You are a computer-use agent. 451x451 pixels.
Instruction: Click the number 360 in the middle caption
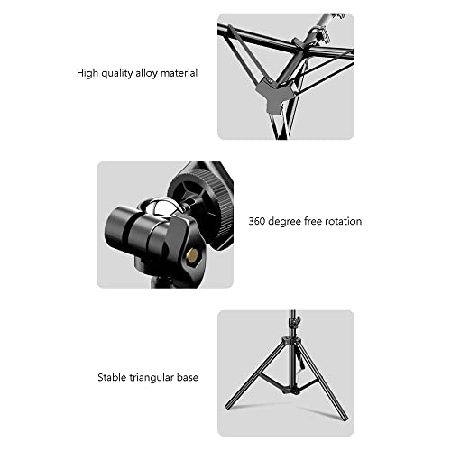pyautogui.click(x=256, y=221)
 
